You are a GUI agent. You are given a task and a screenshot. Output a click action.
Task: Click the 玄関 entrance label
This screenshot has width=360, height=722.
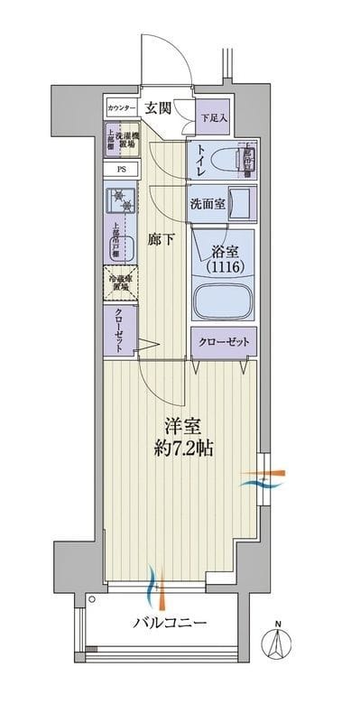tap(159, 108)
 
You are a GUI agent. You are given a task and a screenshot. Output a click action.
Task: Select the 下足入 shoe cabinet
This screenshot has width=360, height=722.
tap(214, 116)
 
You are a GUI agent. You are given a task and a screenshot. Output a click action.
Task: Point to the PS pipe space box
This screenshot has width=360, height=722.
tap(121, 169)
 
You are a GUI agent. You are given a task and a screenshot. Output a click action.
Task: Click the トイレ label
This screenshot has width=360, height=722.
tap(200, 162)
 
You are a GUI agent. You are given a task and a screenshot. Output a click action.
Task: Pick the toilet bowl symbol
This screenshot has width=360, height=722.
tap(241, 162)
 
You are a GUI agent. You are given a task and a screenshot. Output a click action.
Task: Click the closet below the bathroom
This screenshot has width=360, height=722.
tap(223, 342)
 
